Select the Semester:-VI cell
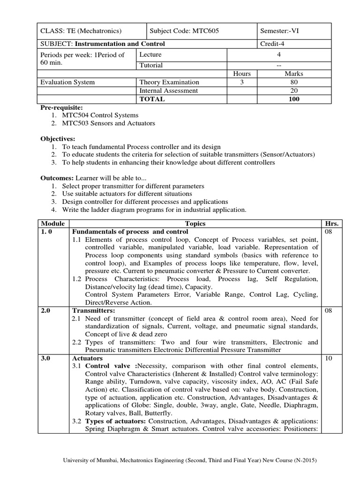tap(280, 31)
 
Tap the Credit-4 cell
tap(272, 44)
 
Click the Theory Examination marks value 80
tap(294, 82)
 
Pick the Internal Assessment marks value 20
tap(294, 90)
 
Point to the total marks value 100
tap(294, 99)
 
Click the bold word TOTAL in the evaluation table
tap(152, 99)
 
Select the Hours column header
tap(242, 74)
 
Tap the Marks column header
tap(294, 74)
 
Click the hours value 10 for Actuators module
tap(328, 358)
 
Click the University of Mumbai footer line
tap(190, 461)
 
